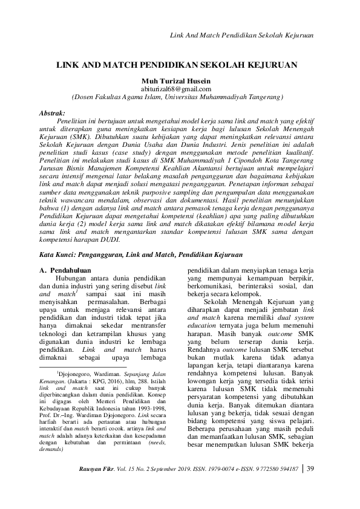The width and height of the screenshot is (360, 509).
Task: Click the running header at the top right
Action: click(x=243, y=36)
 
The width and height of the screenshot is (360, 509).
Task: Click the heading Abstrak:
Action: click(x=56, y=113)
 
